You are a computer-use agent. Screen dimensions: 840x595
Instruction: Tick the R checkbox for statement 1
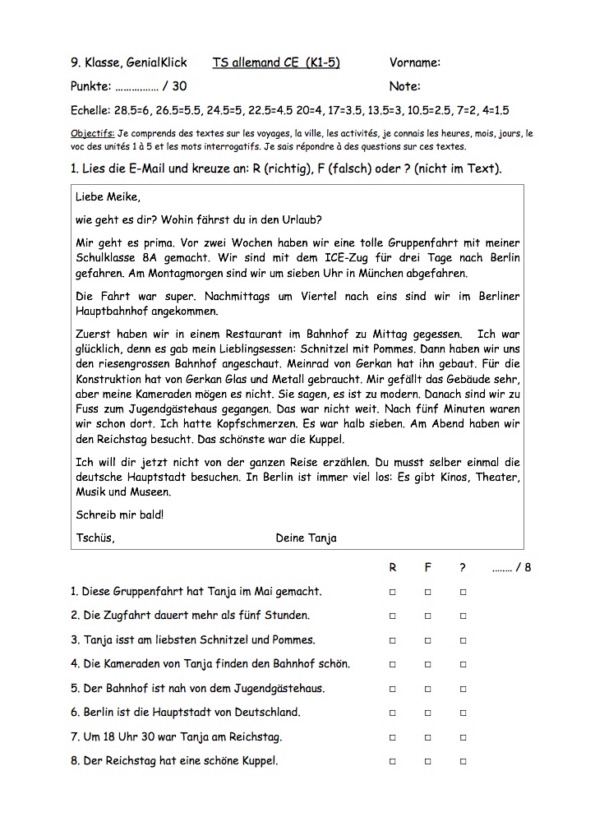[392, 592]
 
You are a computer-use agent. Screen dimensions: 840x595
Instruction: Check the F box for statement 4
[428, 664]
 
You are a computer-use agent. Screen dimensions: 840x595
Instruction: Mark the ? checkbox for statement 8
[464, 762]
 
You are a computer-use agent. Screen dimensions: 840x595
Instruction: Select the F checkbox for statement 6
[428, 713]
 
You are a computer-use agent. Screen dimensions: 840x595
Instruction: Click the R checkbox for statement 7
[392, 737]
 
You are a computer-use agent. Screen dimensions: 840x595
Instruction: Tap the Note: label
[404, 86]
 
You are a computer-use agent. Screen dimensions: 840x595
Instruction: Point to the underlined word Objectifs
[92, 133]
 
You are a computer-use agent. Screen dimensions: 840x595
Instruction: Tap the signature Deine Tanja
[307, 538]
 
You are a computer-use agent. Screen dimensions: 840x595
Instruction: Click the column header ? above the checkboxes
[463, 567]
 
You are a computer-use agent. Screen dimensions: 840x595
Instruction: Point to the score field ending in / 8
[511, 567]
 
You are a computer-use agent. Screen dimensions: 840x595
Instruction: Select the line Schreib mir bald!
[119, 515]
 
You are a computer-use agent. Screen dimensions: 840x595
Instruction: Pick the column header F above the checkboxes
[428, 567]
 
